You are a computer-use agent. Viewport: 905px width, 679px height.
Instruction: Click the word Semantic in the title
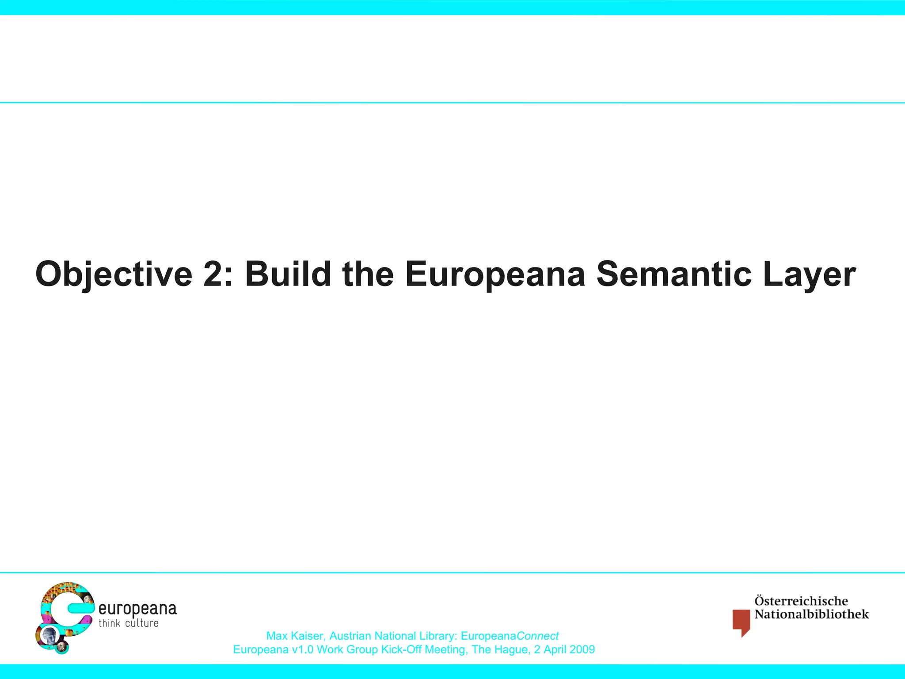click(x=673, y=274)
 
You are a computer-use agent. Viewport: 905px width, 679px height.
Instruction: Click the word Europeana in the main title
click(x=495, y=275)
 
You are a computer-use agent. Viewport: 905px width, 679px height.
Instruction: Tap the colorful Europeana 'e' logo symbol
click(x=64, y=617)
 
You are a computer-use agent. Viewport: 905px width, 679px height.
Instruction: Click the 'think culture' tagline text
click(x=129, y=623)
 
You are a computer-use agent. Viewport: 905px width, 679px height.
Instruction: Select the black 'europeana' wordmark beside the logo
click(x=137, y=609)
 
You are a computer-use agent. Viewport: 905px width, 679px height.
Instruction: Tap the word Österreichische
click(x=801, y=601)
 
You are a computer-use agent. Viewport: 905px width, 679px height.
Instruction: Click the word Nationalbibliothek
click(x=811, y=614)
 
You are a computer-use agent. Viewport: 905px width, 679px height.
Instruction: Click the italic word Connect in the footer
click(x=537, y=636)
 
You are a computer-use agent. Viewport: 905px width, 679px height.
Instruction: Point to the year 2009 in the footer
click(x=582, y=650)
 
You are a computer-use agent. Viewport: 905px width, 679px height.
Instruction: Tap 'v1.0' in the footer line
click(x=303, y=650)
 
